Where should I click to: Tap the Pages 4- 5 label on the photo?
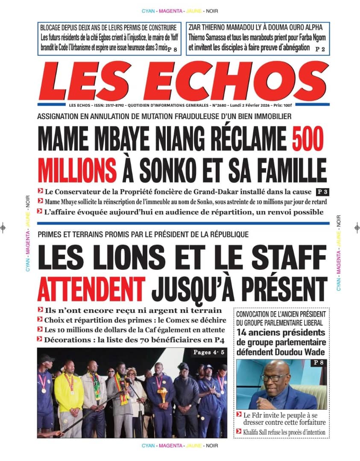[x=210, y=353]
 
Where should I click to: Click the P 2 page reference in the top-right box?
[x=320, y=50]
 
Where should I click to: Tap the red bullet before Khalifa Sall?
[x=239, y=432]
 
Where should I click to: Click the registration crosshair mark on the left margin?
[x=3, y=228]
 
